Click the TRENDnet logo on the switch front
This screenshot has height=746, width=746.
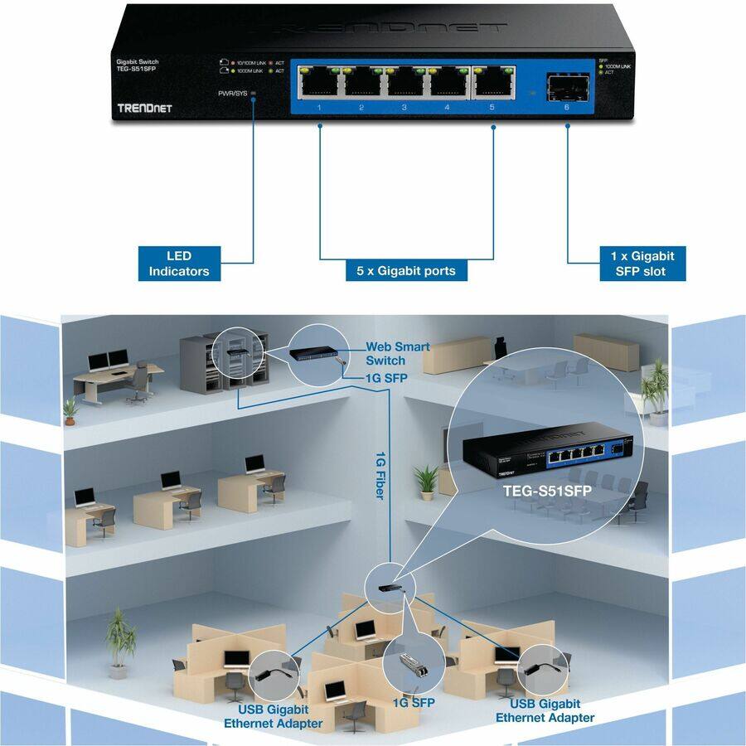click(144, 108)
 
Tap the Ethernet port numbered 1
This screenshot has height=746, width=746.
click(319, 81)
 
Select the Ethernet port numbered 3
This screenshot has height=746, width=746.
click(405, 81)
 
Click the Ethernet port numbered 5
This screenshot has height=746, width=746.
click(492, 81)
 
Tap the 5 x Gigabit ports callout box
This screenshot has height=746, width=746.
click(400, 270)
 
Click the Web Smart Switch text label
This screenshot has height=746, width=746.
click(398, 353)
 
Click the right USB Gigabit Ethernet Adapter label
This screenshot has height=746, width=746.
click(545, 710)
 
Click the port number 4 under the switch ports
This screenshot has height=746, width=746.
click(447, 108)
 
